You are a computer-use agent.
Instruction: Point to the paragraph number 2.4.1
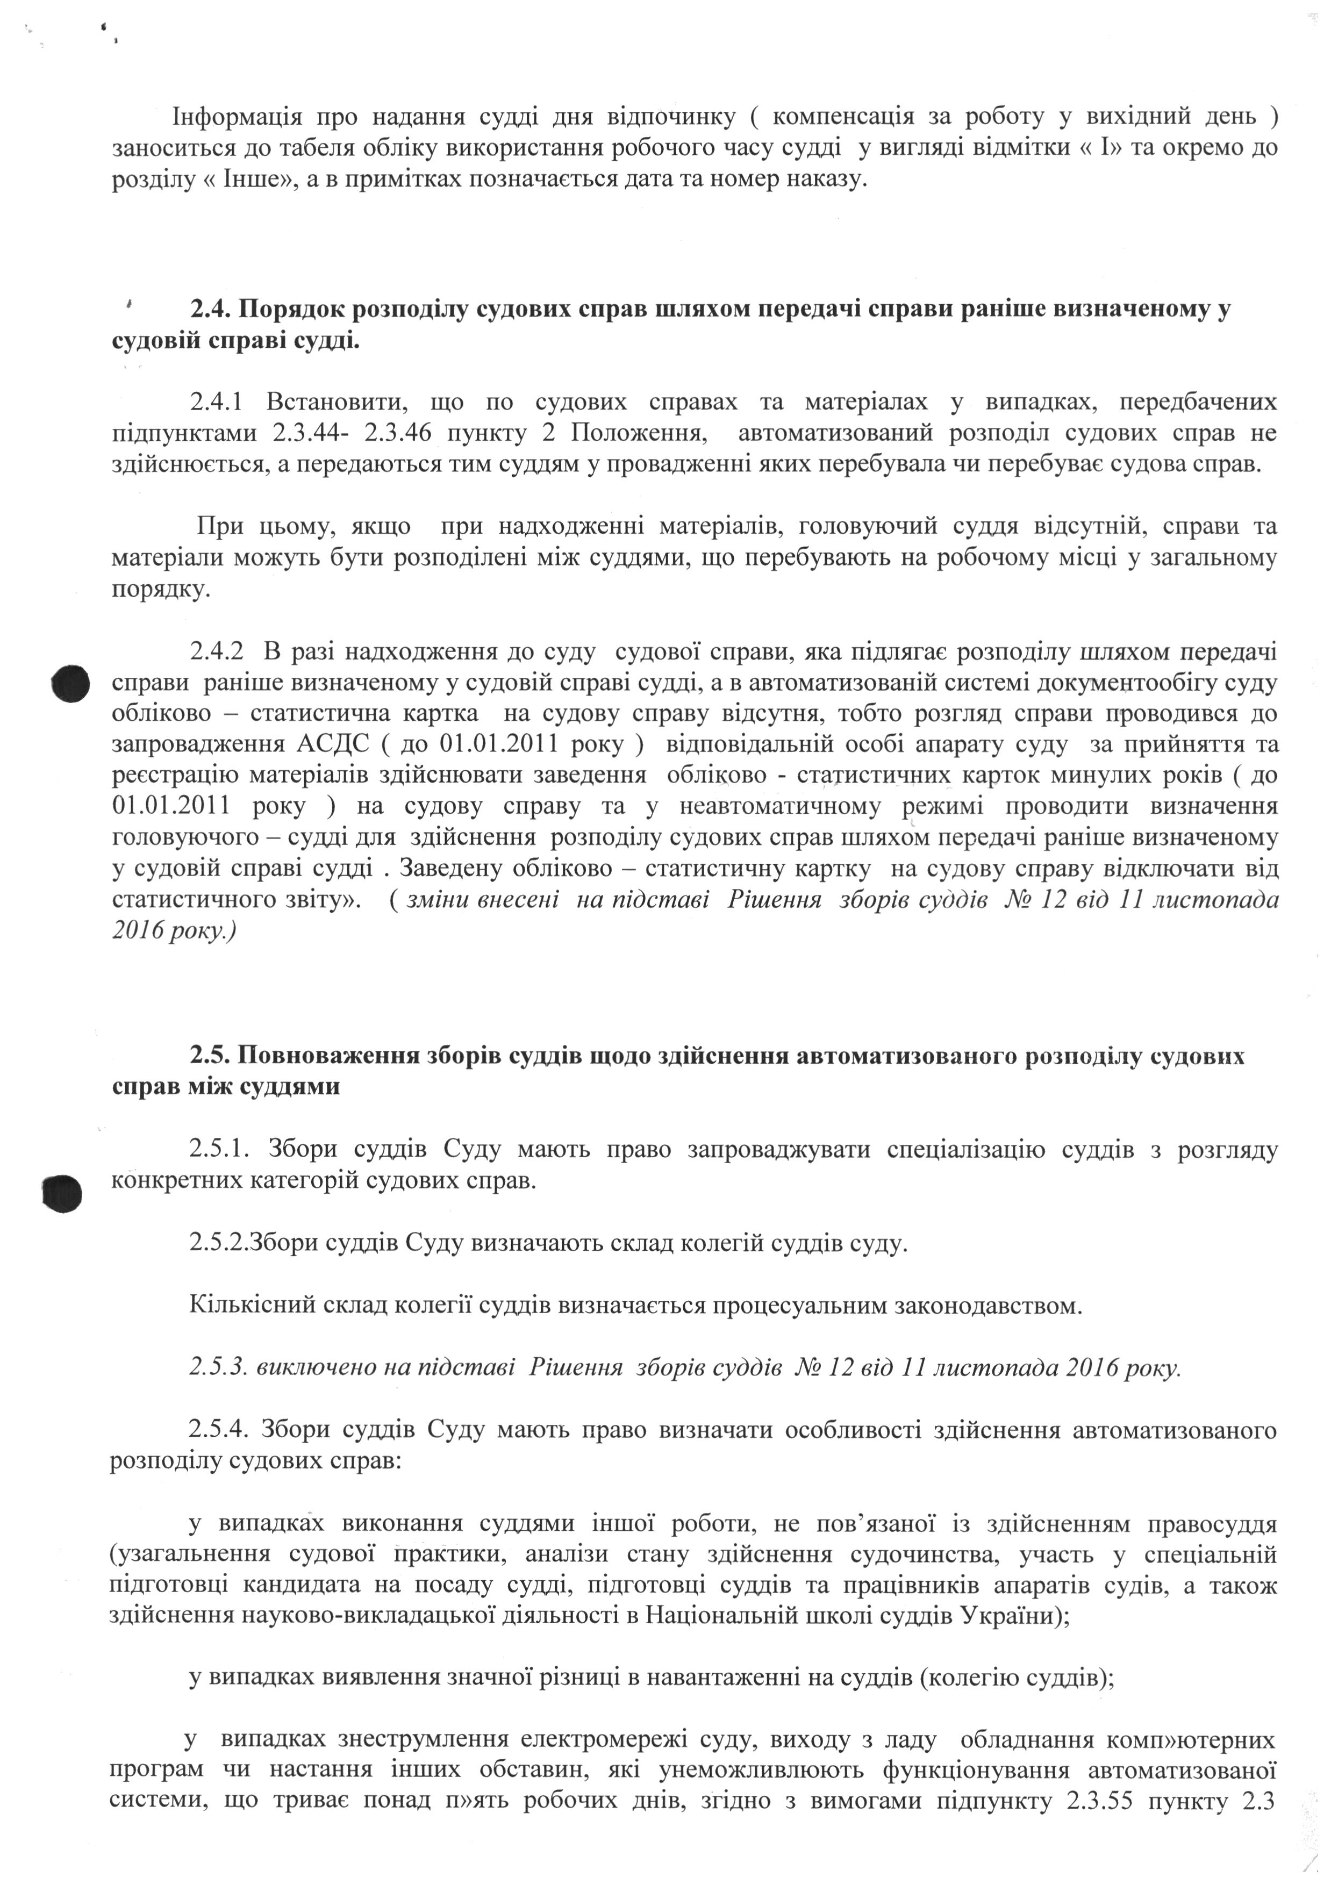pyautogui.click(x=217, y=402)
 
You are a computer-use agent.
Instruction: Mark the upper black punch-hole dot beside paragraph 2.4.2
pyautogui.click(x=69, y=683)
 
